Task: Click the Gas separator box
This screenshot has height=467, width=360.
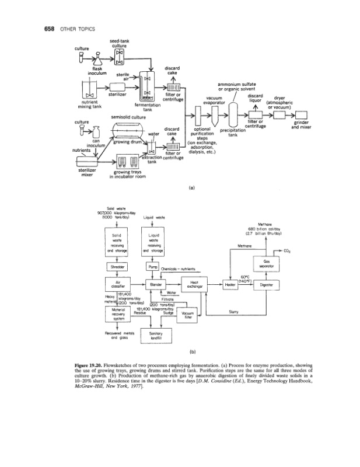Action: pos(267,263)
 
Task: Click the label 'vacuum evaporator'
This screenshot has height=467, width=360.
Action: pos(212,100)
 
